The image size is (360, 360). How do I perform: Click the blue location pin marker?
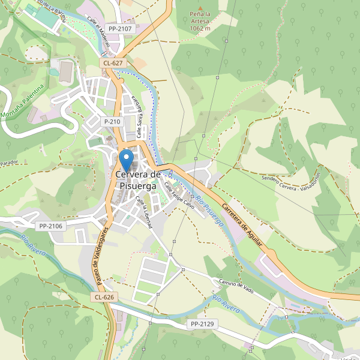(x=126, y=160)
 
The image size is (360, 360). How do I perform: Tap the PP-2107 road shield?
(x=119, y=28)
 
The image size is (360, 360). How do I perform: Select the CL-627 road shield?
(x=113, y=62)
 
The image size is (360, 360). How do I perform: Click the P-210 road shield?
(x=112, y=121)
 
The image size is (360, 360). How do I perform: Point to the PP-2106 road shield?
(x=50, y=226)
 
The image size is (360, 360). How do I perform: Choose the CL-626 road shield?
(x=104, y=297)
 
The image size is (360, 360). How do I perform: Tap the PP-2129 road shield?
(x=202, y=324)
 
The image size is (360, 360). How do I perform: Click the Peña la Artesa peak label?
(x=200, y=20)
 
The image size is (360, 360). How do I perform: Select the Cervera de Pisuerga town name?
(x=138, y=180)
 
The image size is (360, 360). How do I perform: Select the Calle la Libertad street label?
(x=147, y=212)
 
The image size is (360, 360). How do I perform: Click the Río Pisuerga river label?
(x=208, y=209)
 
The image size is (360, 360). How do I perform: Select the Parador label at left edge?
(x=8, y=163)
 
